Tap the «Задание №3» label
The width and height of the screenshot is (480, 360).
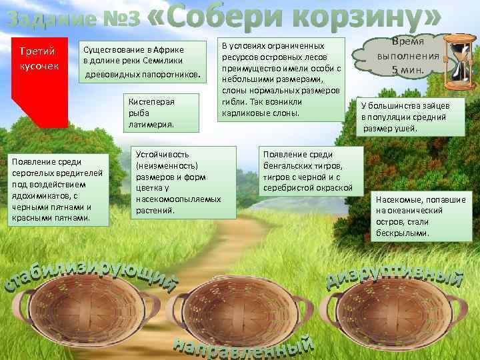(x=73, y=20)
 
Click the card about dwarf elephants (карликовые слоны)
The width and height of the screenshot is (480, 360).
(x=281, y=79)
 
